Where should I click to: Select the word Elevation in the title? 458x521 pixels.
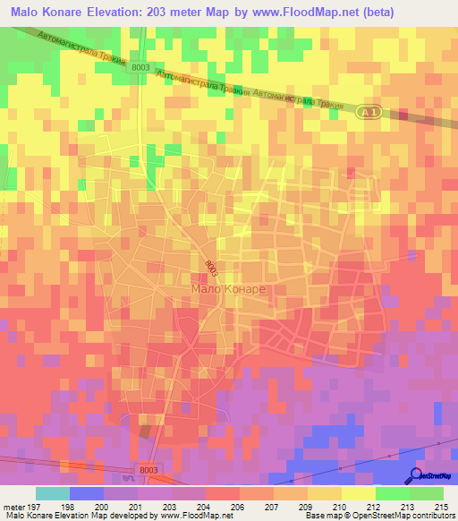pyautogui.click(x=119, y=12)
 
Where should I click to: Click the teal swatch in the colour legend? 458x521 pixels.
pyautogui.click(x=52, y=493)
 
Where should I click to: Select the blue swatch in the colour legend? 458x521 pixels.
pyautogui.click(x=86, y=493)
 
